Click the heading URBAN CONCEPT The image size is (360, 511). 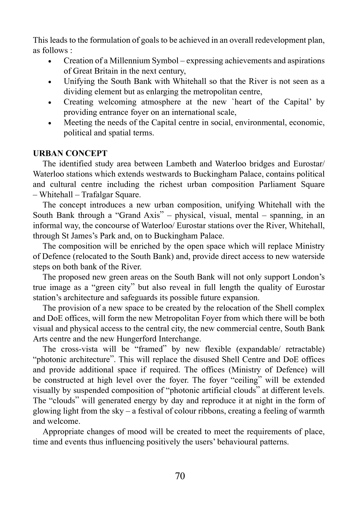(x=70, y=153)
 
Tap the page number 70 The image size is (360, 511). (x=180, y=476)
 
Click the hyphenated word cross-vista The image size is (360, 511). (x=80, y=349)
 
